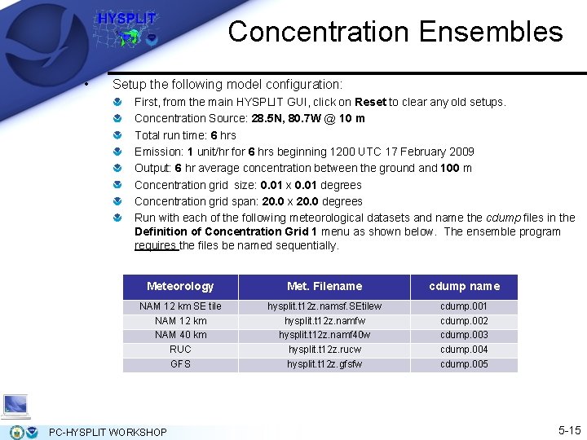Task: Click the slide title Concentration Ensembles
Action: (x=395, y=32)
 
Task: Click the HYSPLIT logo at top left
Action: (x=126, y=29)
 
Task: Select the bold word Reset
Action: (x=370, y=102)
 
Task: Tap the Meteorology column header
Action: (x=180, y=286)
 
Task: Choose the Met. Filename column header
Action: (x=324, y=286)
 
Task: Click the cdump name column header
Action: (x=464, y=286)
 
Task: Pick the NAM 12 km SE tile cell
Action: (x=180, y=306)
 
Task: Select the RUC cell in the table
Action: (x=180, y=350)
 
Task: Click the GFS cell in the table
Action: (x=180, y=364)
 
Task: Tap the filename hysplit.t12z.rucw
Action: (x=324, y=350)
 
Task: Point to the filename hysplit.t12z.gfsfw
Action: (x=324, y=364)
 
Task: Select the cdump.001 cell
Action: (x=464, y=306)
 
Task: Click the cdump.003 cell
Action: (x=464, y=335)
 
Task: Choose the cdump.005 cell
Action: (x=464, y=364)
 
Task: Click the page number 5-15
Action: (x=569, y=429)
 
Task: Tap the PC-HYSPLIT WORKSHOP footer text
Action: (x=108, y=432)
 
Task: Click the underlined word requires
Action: (x=155, y=245)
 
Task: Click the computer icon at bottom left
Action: (x=15, y=406)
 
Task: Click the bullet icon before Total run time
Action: (x=118, y=135)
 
